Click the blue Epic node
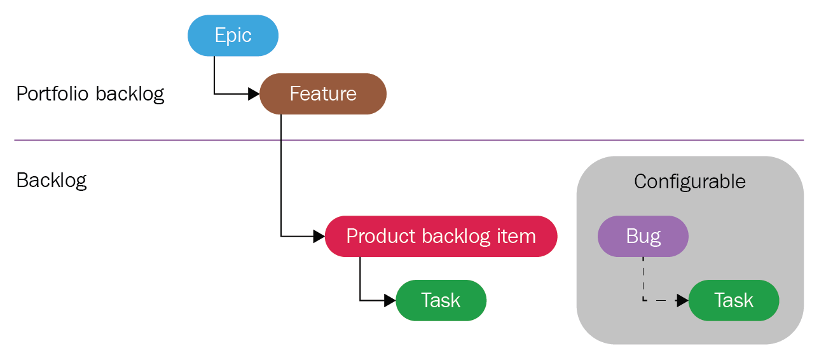(x=233, y=36)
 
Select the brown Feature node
(x=323, y=93)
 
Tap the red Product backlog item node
(x=441, y=237)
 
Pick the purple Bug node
(x=643, y=237)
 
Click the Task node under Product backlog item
(x=441, y=300)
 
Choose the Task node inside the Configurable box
(x=734, y=300)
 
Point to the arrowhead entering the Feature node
(x=254, y=93)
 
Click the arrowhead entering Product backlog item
(x=319, y=237)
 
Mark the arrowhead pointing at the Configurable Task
(x=683, y=300)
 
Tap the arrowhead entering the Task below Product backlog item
(x=390, y=300)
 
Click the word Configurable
(x=689, y=181)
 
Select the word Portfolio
(x=53, y=93)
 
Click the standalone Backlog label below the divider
(x=52, y=181)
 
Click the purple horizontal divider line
(x=409, y=140)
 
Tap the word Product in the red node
(x=380, y=237)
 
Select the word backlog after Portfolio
(x=130, y=93)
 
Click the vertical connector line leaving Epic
(x=214, y=75)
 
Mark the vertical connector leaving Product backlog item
(x=360, y=279)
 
